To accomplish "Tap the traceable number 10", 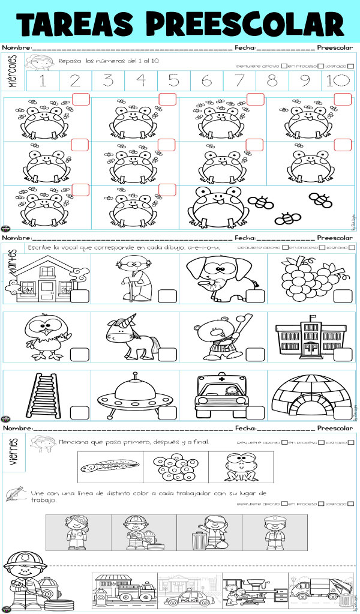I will click(336, 80).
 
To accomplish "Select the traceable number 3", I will click(108, 80).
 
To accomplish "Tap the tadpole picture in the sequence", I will click(110, 466).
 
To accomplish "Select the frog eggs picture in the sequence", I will click(175, 466).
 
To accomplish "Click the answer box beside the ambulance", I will click(255, 413).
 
